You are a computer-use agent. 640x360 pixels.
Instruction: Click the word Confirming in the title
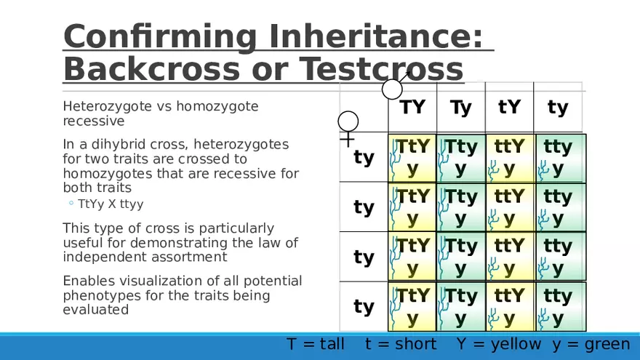[x=160, y=37]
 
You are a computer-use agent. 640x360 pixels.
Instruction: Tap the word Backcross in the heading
[x=152, y=68]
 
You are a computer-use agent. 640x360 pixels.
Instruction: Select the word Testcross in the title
[x=381, y=68]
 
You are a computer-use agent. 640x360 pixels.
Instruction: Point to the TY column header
[x=412, y=107]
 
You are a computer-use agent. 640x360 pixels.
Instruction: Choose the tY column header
[x=509, y=107]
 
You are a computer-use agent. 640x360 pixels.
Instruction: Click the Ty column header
[x=461, y=108]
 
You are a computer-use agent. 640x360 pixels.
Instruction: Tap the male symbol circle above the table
[x=392, y=89]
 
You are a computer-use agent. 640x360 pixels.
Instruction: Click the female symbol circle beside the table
[x=348, y=121]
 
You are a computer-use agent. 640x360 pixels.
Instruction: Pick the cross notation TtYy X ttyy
[x=111, y=204]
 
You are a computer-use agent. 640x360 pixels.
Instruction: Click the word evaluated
[x=95, y=309]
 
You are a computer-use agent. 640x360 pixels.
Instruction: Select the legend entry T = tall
[x=315, y=344]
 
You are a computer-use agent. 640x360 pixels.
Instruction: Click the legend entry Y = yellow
[x=498, y=345]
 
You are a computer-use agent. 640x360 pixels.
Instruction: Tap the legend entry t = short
[x=401, y=344]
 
